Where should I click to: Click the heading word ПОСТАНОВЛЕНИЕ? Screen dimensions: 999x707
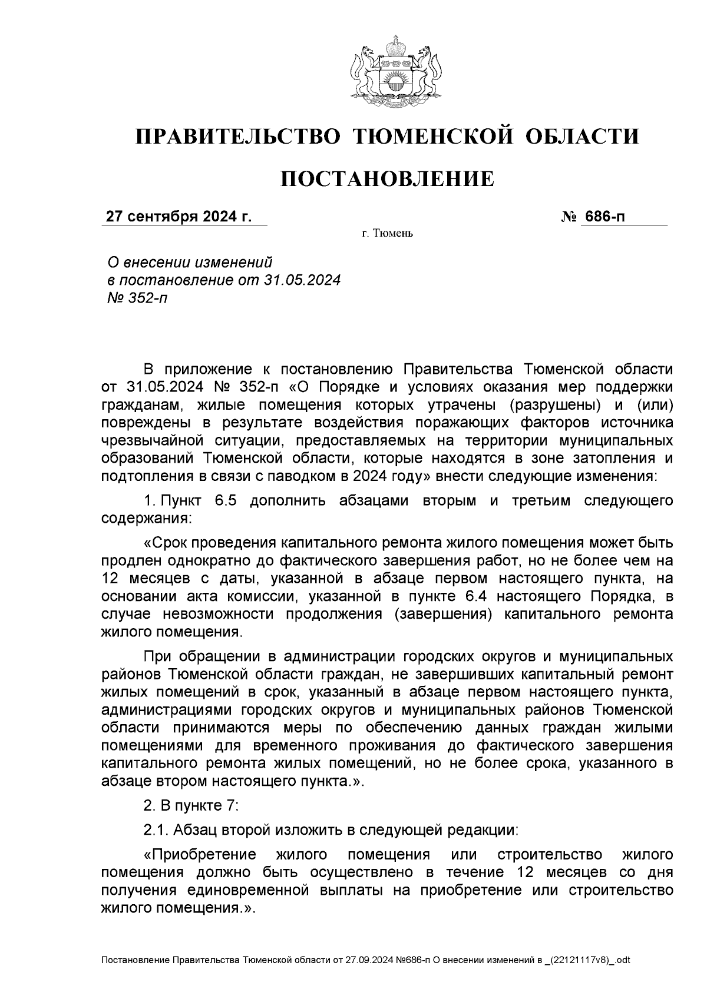386,179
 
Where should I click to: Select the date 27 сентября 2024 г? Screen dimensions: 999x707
179,217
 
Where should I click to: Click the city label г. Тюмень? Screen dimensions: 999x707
387,234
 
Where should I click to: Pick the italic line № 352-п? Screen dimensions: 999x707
135,298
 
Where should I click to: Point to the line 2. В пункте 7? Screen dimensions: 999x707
191,805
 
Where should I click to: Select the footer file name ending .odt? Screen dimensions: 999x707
365,961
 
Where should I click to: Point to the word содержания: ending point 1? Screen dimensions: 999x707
146,519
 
